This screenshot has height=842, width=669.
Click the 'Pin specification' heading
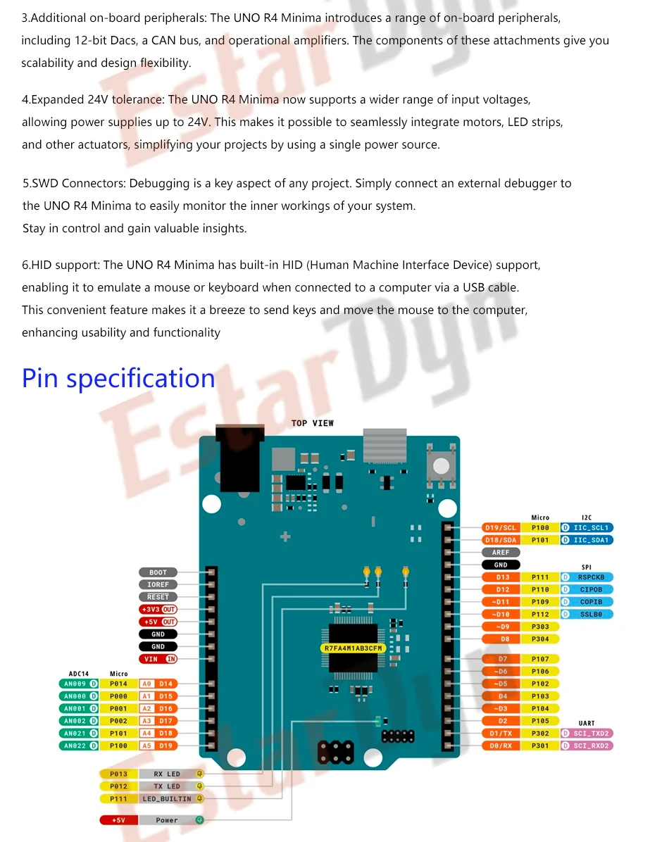pos(118,379)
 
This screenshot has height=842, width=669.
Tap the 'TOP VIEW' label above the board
pos(313,423)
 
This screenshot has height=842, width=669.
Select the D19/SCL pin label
pos(501,527)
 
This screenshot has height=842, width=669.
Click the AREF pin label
pos(501,552)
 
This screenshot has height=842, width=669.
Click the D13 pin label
pos(502,577)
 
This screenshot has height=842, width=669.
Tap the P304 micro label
pos(540,639)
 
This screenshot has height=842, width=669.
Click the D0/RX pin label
pos(501,746)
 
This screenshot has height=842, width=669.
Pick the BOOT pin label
pos(158,572)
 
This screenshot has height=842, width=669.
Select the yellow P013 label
pos(119,774)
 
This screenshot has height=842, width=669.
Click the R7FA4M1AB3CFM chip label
pos(353,648)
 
